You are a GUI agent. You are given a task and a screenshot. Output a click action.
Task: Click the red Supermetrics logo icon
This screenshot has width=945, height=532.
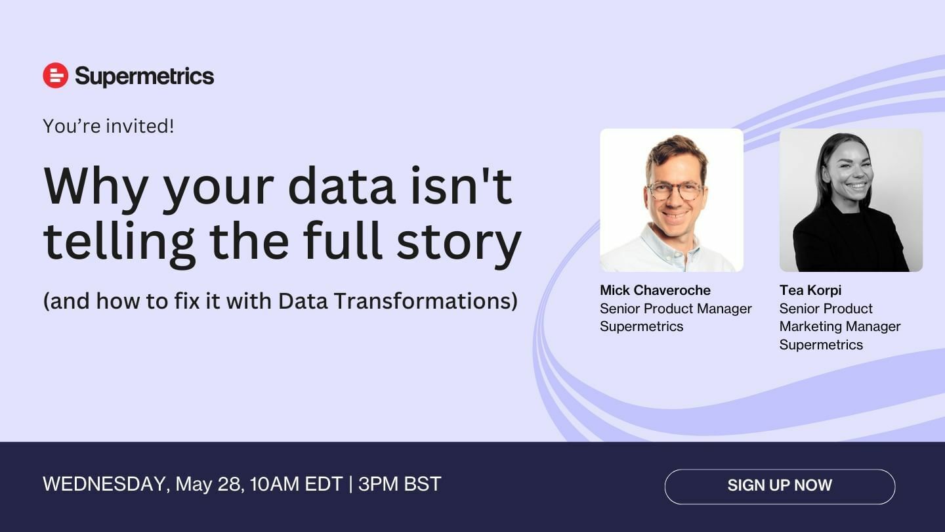coord(55,76)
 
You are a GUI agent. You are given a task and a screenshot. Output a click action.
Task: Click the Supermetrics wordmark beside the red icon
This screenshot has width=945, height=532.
coord(144,77)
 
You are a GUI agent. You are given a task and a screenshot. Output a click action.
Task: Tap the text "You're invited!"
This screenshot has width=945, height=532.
coord(108,126)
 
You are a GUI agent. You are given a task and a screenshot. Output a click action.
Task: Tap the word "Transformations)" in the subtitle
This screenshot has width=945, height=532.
coord(426,301)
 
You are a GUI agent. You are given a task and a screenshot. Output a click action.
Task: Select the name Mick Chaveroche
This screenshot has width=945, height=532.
coord(655,290)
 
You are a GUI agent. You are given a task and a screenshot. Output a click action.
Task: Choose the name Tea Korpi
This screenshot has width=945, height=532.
coord(810,290)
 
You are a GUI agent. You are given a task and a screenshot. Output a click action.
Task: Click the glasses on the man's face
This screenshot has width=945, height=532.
coord(675,190)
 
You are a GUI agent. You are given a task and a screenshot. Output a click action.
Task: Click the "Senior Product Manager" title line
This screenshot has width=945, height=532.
coord(676,309)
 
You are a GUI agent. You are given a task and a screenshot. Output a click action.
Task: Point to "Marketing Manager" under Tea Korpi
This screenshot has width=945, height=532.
coord(840,326)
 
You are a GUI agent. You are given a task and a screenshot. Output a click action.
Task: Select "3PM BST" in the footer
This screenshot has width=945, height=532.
coord(400,484)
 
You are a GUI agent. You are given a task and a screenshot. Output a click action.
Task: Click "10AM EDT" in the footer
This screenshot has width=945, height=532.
coord(296,484)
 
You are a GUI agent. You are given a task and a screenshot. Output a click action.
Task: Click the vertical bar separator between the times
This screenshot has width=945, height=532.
coord(350,484)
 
